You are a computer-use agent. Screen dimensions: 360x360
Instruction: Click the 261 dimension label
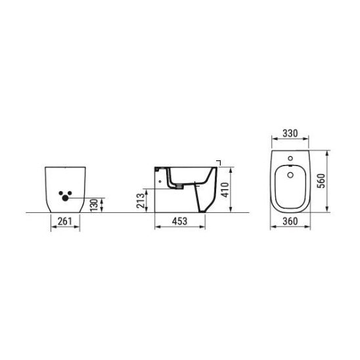pos(65,221)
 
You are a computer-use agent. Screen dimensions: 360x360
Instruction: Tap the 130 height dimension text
pos(94,205)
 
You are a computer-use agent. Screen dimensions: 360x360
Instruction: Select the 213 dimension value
pos(141,200)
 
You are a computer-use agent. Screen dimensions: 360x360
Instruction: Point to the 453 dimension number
pos(179,221)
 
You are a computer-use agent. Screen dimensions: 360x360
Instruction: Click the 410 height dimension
pos(225,190)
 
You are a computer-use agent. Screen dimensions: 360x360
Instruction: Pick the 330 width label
pos(290,133)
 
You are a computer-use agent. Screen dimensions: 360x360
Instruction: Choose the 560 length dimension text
pos(321,181)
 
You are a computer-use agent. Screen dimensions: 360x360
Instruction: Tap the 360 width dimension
pos(290,221)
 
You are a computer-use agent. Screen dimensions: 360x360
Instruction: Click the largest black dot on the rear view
pos(65,198)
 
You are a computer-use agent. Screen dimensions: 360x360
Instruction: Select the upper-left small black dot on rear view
pos(61,193)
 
